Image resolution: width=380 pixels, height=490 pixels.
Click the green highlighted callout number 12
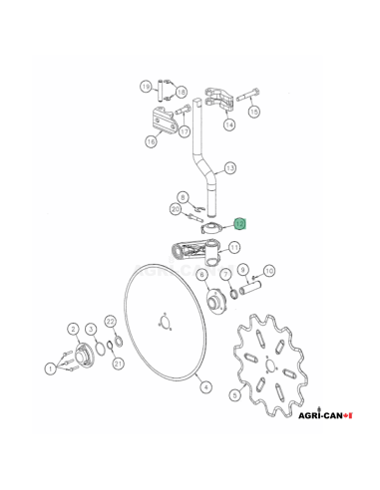point(238,225)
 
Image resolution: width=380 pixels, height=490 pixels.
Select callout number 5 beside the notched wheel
point(234,395)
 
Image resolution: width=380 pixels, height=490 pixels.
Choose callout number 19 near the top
point(146,87)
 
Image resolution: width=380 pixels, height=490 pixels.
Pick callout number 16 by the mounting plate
point(150,141)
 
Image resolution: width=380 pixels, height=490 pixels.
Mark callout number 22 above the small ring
point(111,320)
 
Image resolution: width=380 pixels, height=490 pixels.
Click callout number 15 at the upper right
point(253,113)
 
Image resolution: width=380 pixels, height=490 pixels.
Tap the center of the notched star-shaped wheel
point(268,367)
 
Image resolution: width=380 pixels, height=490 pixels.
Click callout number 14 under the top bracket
point(228,125)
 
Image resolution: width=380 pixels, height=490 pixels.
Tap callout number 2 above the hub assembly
point(73,328)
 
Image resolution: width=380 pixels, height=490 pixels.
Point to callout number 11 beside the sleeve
point(234,246)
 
